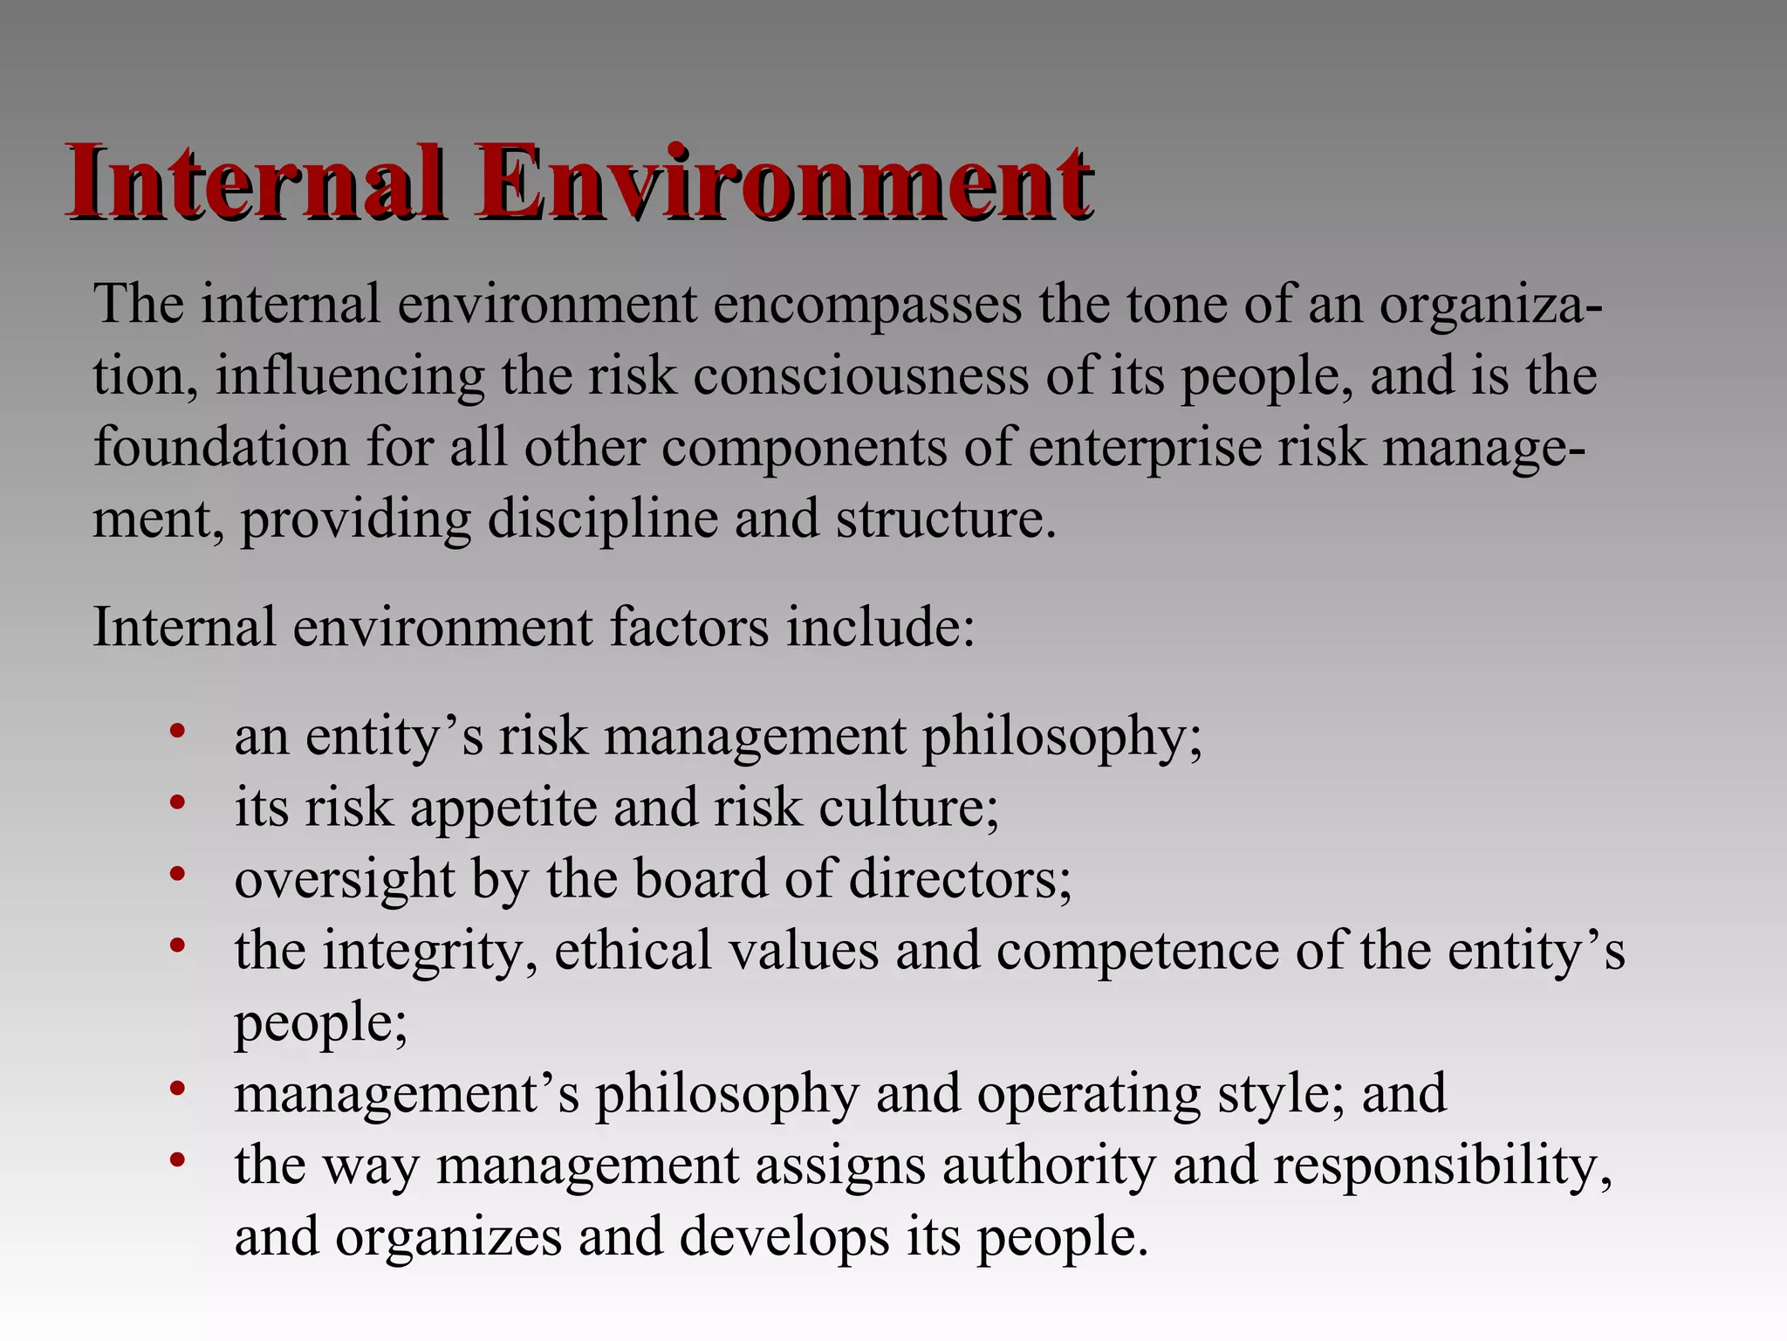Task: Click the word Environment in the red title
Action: (x=783, y=183)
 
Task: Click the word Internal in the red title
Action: (x=254, y=183)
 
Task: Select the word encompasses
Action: (x=867, y=306)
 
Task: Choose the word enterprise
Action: (x=1144, y=449)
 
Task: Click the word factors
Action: (x=689, y=627)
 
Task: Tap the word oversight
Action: (x=345, y=880)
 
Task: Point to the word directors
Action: (x=960, y=879)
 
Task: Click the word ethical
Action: (x=633, y=951)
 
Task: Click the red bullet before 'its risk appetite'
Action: (x=178, y=802)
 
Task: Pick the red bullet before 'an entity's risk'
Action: (x=178, y=731)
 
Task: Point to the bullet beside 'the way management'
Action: (x=178, y=1160)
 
